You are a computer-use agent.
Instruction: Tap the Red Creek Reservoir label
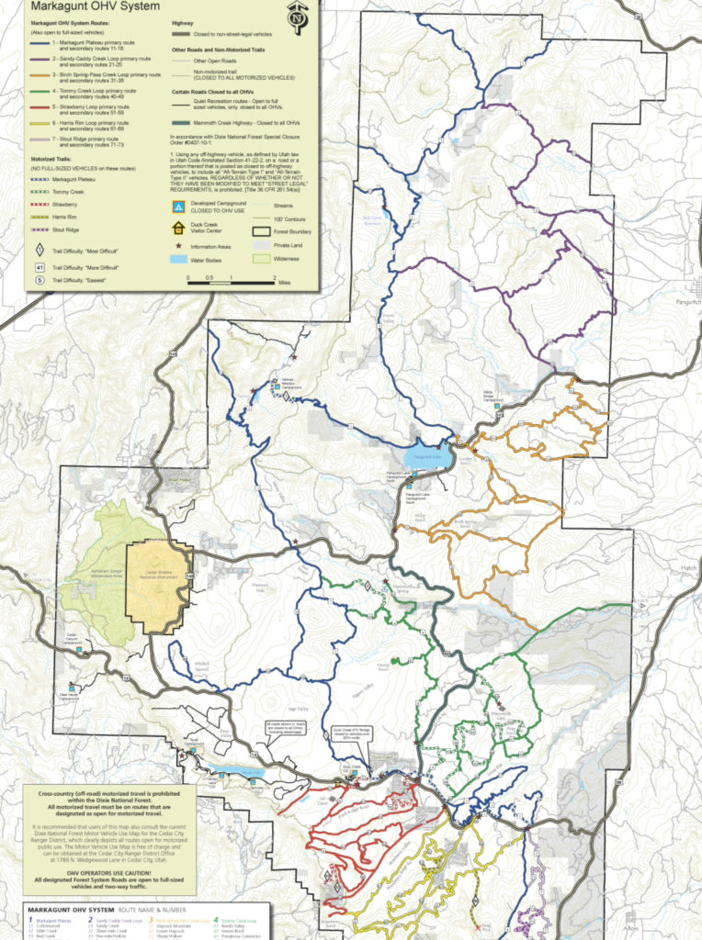pyautogui.click(x=371, y=220)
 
